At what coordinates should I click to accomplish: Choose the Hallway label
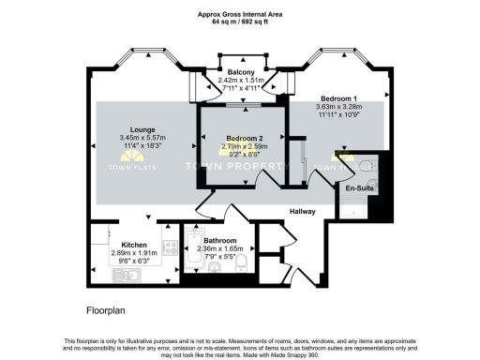click(303, 211)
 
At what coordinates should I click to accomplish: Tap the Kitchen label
click(124, 243)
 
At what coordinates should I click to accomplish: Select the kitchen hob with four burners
click(171, 249)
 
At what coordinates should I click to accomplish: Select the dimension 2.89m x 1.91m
click(124, 252)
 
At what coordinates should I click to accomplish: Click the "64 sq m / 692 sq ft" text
click(239, 22)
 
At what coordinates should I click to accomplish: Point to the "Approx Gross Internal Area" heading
click(239, 13)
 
